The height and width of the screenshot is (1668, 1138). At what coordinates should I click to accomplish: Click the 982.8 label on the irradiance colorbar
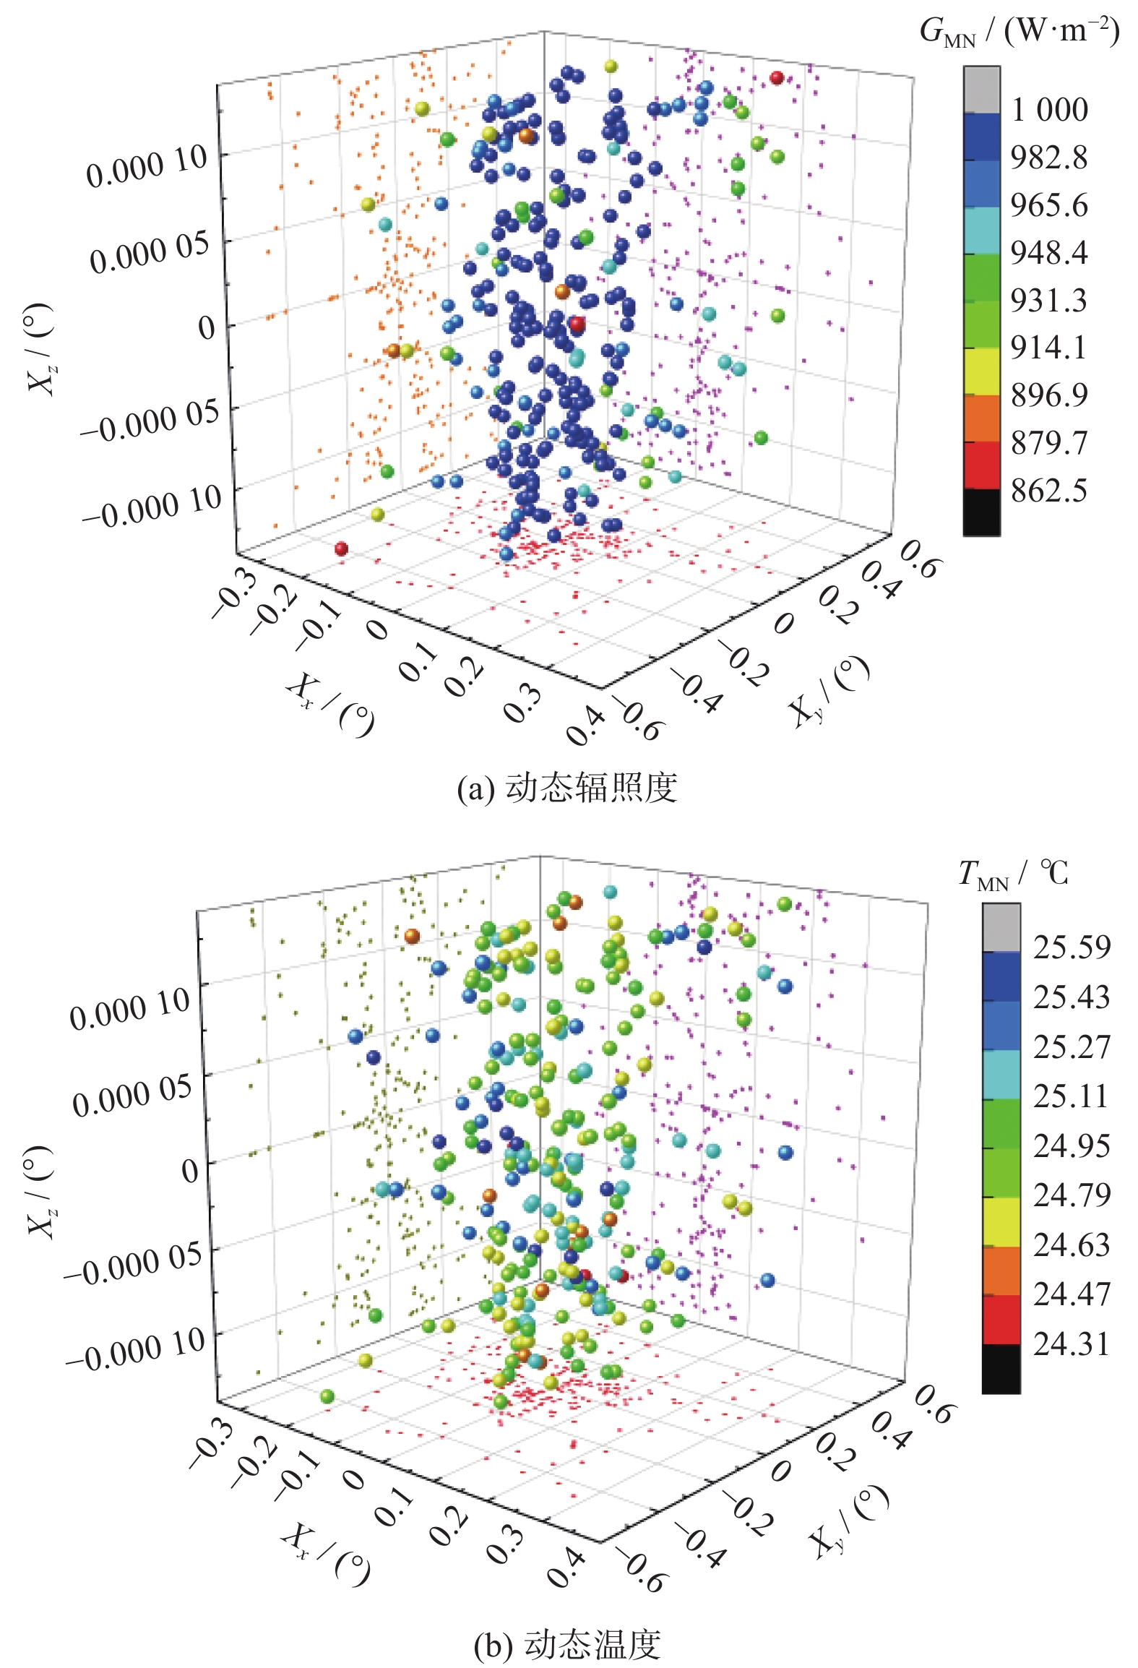click(x=1048, y=158)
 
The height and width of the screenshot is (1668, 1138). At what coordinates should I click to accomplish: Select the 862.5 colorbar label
click(x=1048, y=491)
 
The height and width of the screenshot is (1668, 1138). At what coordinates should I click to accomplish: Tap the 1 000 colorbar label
click(x=1049, y=110)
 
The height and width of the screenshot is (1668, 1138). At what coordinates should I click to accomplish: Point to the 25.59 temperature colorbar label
click(x=1071, y=947)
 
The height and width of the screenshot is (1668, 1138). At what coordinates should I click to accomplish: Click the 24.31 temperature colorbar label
click(x=1071, y=1344)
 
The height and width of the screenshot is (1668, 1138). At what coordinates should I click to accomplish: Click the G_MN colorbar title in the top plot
click(x=1019, y=33)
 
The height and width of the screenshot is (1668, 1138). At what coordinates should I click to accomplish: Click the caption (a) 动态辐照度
click(x=567, y=788)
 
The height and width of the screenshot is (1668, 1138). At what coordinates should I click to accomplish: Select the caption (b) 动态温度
click(x=567, y=1644)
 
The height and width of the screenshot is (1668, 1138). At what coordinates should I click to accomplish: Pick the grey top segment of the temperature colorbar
click(x=1001, y=927)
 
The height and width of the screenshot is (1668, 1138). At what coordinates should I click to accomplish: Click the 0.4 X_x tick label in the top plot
click(x=586, y=726)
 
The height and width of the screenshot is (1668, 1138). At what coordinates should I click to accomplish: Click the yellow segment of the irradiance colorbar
click(x=981, y=371)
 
